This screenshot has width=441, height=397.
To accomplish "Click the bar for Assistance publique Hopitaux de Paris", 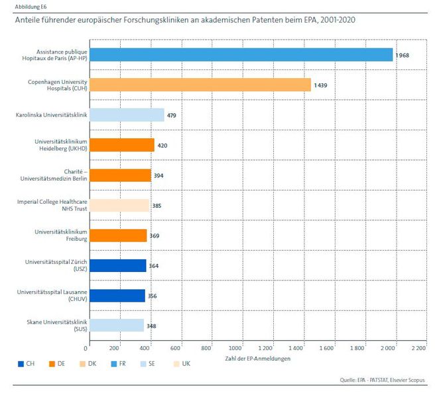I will click(240, 54).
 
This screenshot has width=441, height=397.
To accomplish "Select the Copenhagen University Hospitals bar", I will click(200, 85).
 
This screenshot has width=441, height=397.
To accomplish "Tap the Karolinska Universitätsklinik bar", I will click(126, 115).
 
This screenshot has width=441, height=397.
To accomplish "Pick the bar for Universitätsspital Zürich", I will click(117, 265).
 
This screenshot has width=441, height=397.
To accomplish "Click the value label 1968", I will click(403, 55).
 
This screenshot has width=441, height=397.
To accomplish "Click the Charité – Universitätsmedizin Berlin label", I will click(60, 175).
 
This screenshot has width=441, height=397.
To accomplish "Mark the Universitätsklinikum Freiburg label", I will click(61, 235).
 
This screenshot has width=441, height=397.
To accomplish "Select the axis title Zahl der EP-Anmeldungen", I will click(253, 358).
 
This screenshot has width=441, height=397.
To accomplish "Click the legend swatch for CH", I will click(19, 363).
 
